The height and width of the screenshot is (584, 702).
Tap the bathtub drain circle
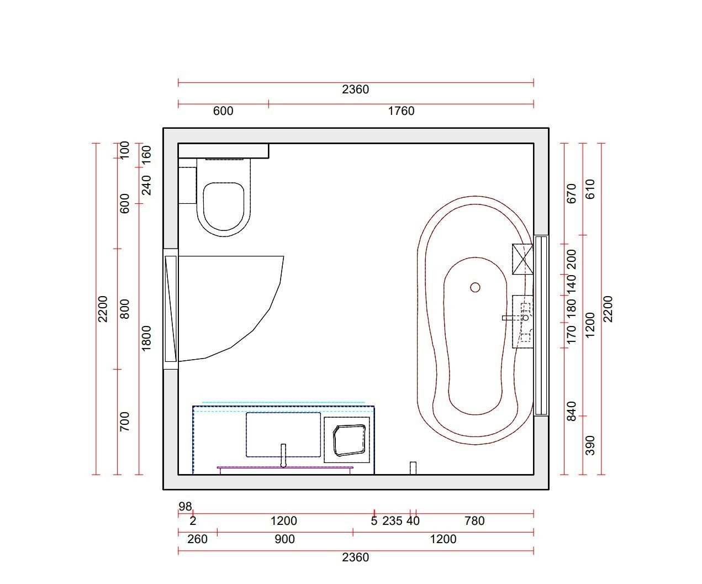pyautogui.click(x=475, y=287)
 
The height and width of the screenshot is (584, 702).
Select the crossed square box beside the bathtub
pyautogui.click(x=522, y=259)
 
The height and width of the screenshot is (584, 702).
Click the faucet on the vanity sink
pyautogui.click(x=283, y=455)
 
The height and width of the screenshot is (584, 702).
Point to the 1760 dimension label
pyautogui.click(x=401, y=111)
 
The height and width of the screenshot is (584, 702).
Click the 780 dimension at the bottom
pyautogui.click(x=474, y=521)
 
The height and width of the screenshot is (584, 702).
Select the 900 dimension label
pyautogui.click(x=284, y=539)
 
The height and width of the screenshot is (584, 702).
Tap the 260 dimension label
pyautogui.click(x=197, y=539)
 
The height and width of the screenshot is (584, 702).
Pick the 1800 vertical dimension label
pyautogui.click(x=146, y=338)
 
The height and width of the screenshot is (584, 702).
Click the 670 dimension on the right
pyautogui.click(x=572, y=193)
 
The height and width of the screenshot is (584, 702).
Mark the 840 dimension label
pyautogui.click(x=572, y=411)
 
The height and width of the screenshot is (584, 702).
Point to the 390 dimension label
pyautogui.click(x=590, y=445)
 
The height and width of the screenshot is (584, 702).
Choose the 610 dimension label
pyautogui.click(x=590, y=190)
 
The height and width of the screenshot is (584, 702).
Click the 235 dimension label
pyautogui.click(x=392, y=521)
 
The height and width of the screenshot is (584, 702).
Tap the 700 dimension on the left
pyautogui.click(x=125, y=422)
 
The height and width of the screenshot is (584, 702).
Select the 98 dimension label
pyautogui.click(x=185, y=506)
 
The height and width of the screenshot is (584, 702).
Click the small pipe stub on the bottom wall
pyautogui.click(x=413, y=467)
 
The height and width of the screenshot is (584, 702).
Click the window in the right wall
pyautogui.click(x=541, y=325)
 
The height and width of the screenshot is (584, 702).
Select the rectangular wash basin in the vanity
pyautogui.click(x=283, y=434)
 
